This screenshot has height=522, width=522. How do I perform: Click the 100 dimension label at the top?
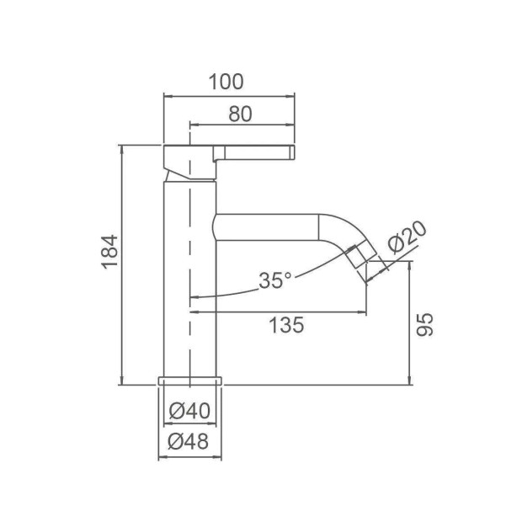click(x=226, y=82)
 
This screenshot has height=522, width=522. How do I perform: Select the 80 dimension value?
click(x=240, y=114)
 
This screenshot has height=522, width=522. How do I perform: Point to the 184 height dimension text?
click(x=110, y=252)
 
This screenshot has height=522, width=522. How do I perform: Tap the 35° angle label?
click(x=275, y=280)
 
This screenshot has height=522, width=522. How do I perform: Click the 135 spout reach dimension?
click(x=286, y=325)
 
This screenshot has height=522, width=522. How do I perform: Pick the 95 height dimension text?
click(x=425, y=325)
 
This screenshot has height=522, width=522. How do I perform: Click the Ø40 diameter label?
click(x=189, y=411)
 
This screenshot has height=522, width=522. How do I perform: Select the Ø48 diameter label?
click(x=189, y=442)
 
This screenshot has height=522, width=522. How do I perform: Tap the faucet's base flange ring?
click(x=189, y=381)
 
